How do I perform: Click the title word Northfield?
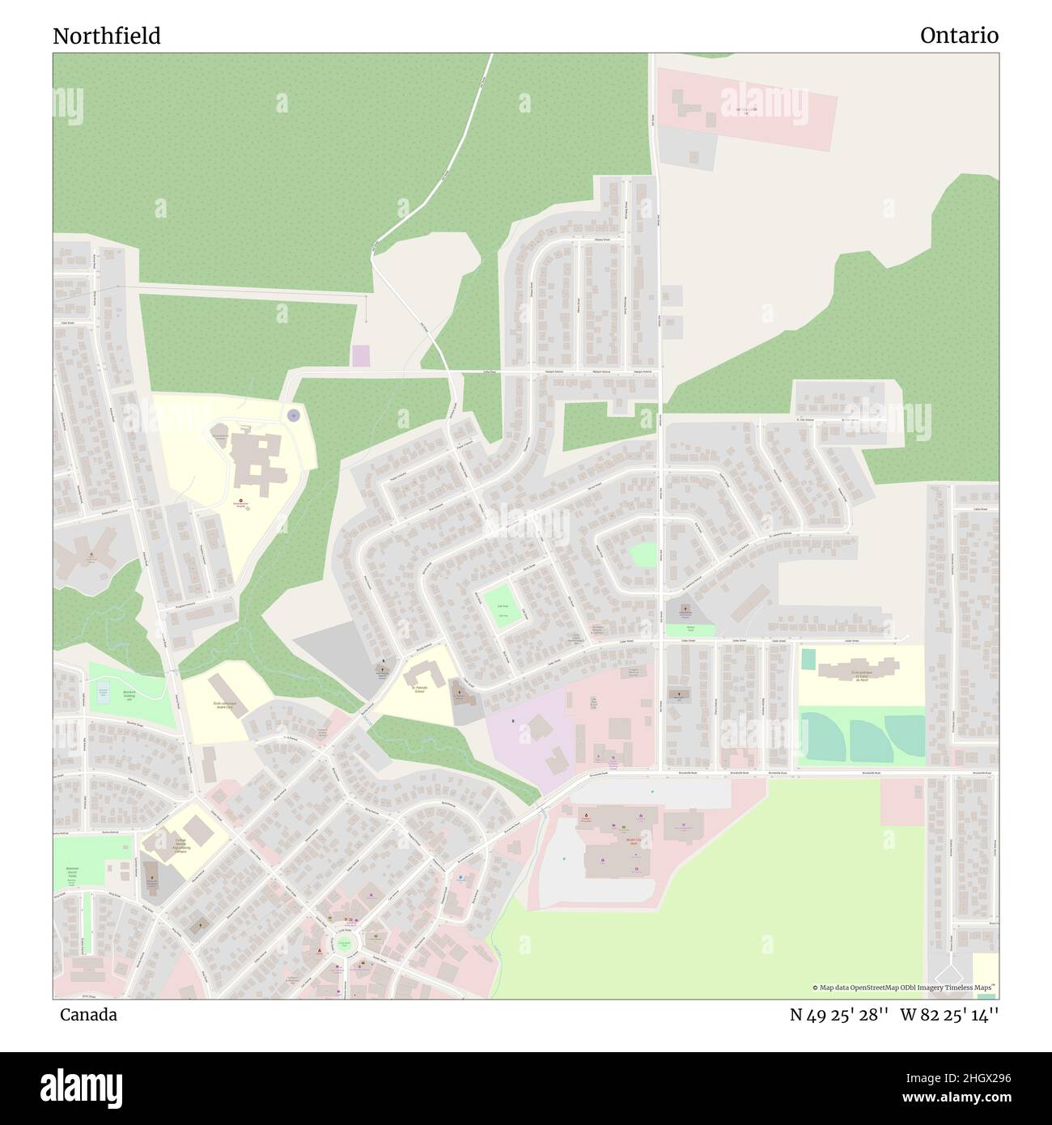[x=107, y=36]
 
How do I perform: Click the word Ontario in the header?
[x=959, y=36]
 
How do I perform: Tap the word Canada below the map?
[x=88, y=1015]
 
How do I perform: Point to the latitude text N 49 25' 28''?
[x=839, y=1015]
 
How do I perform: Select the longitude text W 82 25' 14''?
[x=949, y=1015]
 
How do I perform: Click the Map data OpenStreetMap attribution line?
[x=905, y=987]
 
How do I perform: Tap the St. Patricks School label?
[x=419, y=690]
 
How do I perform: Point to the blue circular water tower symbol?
[x=293, y=415]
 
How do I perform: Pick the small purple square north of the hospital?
[x=360, y=355]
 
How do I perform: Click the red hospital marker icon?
[x=238, y=503]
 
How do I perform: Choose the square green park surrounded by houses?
[x=502, y=606]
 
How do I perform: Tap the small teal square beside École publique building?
[x=808, y=659]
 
